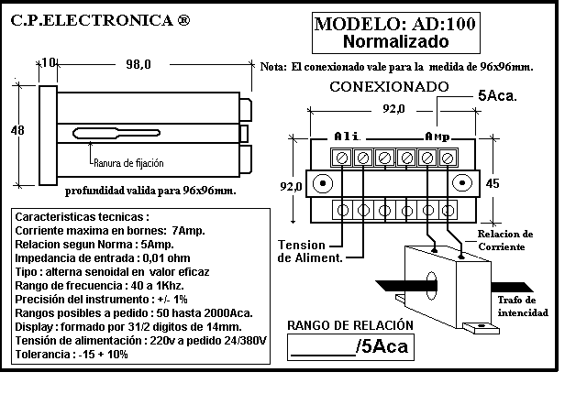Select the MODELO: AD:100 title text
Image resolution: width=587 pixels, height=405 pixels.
point(395,24)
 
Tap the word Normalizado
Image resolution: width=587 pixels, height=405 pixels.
point(395,41)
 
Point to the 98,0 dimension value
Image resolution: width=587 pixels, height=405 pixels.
point(138,64)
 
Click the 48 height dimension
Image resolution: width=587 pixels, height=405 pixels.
point(17,130)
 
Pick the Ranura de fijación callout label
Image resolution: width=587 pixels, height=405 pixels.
point(128,163)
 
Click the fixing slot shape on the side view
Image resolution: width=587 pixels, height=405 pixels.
point(116,133)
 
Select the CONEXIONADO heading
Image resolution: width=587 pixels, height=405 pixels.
point(389,87)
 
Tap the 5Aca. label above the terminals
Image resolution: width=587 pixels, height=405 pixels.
point(497,95)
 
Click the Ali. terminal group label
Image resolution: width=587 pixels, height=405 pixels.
point(347,137)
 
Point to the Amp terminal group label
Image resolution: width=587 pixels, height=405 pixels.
point(437,137)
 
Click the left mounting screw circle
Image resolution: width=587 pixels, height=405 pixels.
point(322,183)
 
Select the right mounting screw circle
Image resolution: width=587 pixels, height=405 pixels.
point(462,183)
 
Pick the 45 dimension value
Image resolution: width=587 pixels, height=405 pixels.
point(493,183)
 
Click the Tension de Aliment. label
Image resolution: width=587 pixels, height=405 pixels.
point(310,251)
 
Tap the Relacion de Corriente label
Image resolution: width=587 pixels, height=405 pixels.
point(505,240)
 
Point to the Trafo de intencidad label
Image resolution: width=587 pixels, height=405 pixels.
point(523,306)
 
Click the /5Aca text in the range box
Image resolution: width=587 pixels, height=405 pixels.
point(382,346)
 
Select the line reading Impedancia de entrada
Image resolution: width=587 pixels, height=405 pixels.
point(103,258)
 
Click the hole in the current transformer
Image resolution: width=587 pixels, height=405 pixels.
point(431,286)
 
